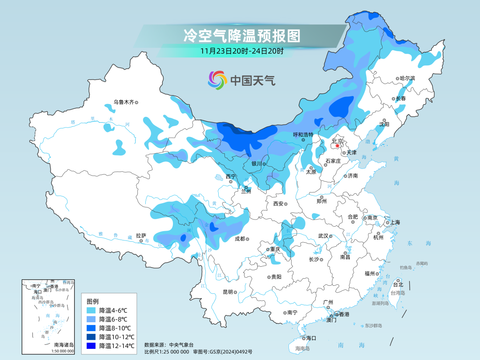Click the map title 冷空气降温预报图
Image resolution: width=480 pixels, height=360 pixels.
coord(242,36)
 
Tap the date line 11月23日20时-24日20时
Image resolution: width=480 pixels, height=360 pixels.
coord(242,51)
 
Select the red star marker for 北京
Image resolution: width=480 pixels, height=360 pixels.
coord(337,146)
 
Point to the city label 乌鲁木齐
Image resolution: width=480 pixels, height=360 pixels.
coord(123,102)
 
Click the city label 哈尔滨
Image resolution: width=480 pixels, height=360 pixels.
coord(407,78)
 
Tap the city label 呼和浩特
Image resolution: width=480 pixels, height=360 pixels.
coord(303,134)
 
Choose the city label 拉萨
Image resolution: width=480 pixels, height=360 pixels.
coord(141,236)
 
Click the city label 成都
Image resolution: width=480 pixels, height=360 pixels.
coord(240,239)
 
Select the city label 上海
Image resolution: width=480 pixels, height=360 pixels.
coord(395,222)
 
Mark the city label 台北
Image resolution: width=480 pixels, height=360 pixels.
coord(398,284)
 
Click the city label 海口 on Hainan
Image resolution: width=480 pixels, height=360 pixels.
coord(311,338)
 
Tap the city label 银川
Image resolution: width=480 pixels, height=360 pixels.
coord(256,164)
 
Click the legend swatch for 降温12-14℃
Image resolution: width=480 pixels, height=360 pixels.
coord(91,346)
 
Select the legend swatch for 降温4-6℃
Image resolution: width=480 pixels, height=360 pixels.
coord(91,310)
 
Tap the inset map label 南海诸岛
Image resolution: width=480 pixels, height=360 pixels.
coord(64,345)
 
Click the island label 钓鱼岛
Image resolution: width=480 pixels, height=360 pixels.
coord(406,268)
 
